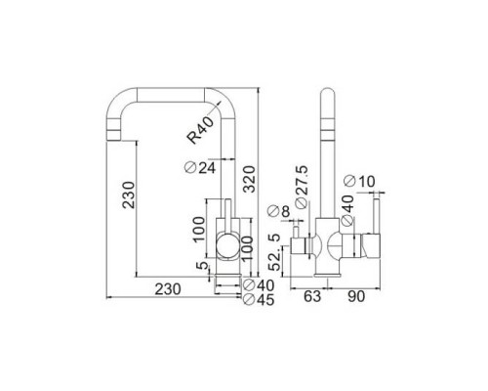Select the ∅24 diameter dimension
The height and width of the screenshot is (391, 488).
pyautogui.click(x=199, y=167)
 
